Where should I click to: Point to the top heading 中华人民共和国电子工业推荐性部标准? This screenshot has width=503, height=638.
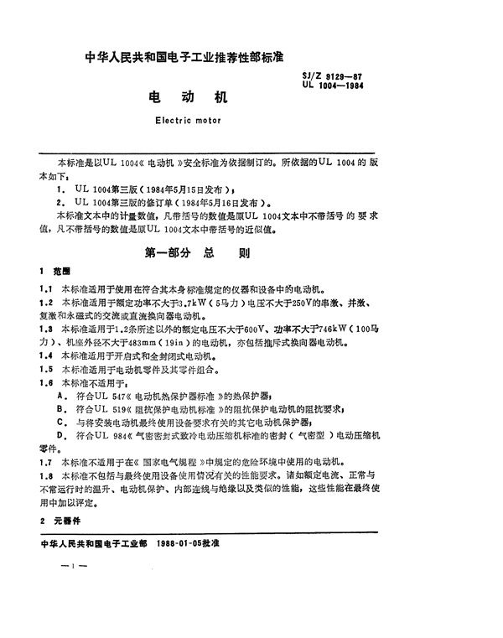[x=186, y=59]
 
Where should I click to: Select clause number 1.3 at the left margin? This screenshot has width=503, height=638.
[x=48, y=329]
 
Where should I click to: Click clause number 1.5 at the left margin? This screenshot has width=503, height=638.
[x=48, y=368]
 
